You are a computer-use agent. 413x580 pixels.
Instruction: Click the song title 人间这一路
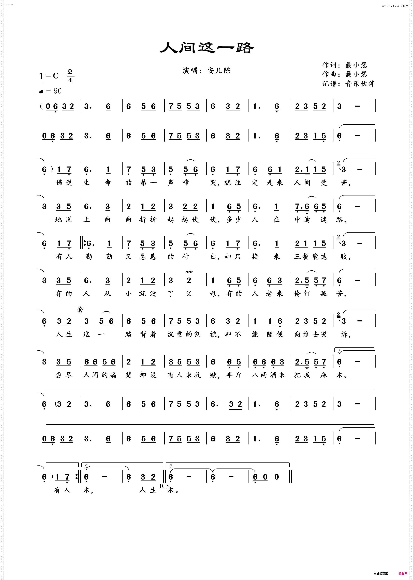[x=206, y=47]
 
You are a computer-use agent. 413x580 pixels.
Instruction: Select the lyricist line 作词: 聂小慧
[x=345, y=65]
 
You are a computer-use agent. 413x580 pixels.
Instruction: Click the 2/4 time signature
[x=70, y=76]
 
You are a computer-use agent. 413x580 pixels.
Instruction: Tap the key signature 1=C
[x=49, y=76]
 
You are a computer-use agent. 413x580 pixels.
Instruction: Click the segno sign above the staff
[x=81, y=310]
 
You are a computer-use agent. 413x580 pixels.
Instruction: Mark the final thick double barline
[x=291, y=477]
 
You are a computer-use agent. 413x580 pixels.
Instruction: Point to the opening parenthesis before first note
[x=41, y=106]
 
